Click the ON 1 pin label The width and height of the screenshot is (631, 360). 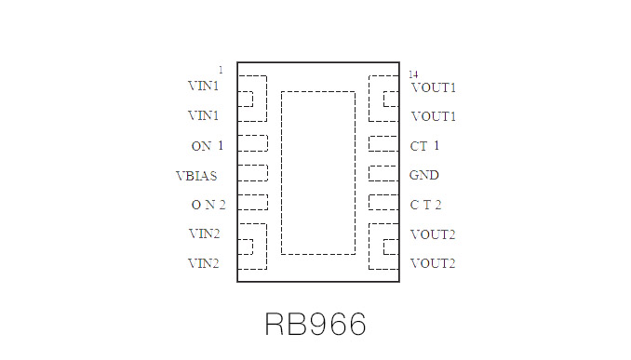[207, 146]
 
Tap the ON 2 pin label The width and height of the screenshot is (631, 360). [208, 205]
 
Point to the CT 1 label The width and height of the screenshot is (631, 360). [424, 146]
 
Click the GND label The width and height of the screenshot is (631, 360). [424, 175]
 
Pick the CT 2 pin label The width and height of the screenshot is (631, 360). [425, 205]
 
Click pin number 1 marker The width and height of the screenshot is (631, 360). [221, 70]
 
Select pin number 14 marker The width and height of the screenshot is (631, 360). [412, 73]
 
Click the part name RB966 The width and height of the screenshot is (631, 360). [315, 324]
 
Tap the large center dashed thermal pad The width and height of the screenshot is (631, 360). [317, 172]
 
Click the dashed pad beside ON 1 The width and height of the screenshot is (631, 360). [252, 143]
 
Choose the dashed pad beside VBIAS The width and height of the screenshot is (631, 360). [252, 173]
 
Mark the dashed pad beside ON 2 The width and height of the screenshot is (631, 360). [252, 202]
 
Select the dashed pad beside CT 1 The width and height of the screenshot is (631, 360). [383, 143]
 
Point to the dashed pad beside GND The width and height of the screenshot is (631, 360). [383, 173]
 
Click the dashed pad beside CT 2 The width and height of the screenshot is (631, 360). [383, 202]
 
